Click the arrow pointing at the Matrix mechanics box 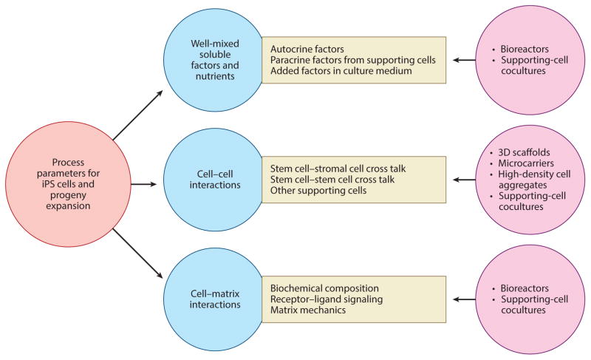[x=465, y=300]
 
